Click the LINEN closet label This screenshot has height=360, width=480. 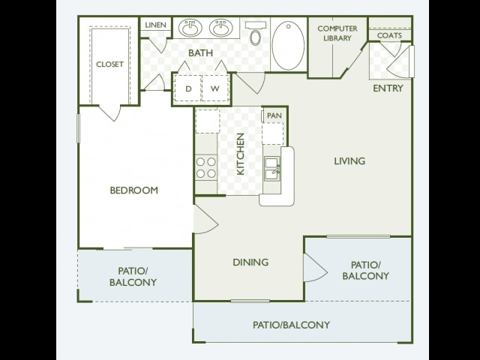[x=155, y=25]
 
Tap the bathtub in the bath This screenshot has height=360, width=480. [x=288, y=45]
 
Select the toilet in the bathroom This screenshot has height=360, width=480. [x=256, y=33]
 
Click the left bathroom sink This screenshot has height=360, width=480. [x=190, y=28]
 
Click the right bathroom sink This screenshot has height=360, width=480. [x=220, y=28]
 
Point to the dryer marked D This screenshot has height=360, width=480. [x=188, y=88]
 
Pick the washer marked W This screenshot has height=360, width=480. [x=215, y=88]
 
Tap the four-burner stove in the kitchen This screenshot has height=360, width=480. [x=206, y=167]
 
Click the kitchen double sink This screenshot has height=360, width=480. [x=272, y=168]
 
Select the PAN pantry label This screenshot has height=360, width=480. [x=274, y=115]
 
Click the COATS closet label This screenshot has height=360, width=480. [x=389, y=35]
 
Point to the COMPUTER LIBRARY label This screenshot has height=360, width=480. [x=337, y=33]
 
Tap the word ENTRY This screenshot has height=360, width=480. [x=388, y=88]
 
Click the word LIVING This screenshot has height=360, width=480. [x=349, y=161]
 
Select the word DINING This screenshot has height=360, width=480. [x=250, y=262]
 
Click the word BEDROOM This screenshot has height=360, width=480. [x=134, y=190]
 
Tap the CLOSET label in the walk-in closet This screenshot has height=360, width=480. [x=110, y=64]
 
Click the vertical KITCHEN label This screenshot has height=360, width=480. [x=241, y=154]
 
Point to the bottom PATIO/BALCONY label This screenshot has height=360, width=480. [x=292, y=325]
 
